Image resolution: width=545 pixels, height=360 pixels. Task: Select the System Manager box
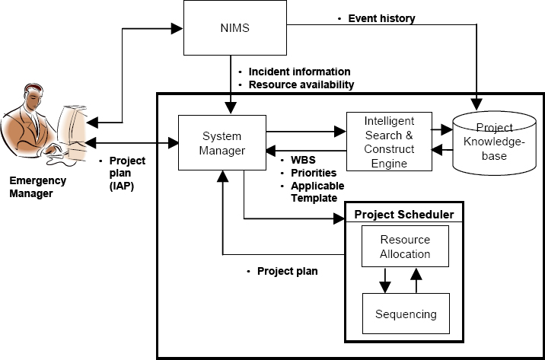pos(222,143)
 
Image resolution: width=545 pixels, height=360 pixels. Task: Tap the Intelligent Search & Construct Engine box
pos(388,142)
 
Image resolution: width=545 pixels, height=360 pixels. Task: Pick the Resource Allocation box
pos(405,247)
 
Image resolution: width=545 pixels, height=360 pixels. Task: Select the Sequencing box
pos(405,313)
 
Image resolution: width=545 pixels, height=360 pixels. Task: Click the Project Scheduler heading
pos(404,215)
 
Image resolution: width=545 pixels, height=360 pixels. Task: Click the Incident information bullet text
pos(299,72)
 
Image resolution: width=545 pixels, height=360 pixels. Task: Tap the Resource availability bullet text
pos(301,84)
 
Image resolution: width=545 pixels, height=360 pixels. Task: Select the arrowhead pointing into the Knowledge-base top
pos(477,101)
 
